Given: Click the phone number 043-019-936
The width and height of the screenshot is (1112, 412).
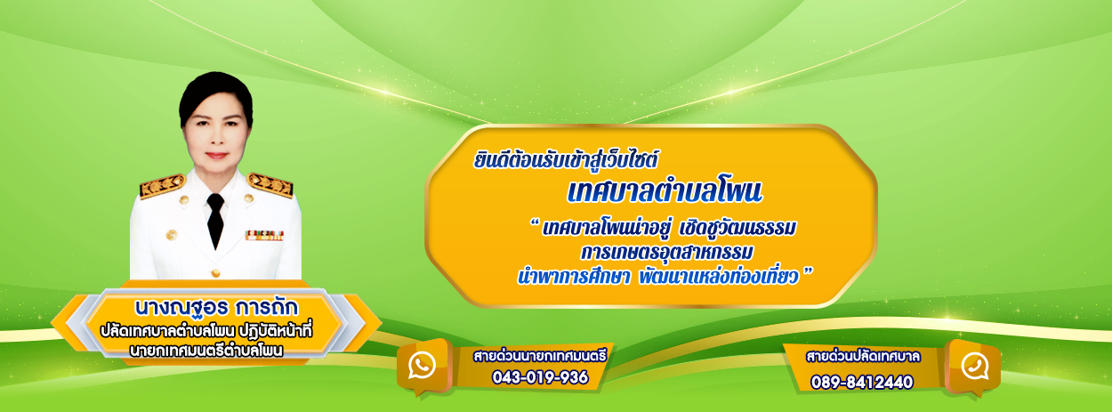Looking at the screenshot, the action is [x=540, y=377].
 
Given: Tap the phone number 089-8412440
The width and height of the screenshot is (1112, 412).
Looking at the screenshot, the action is [x=862, y=382].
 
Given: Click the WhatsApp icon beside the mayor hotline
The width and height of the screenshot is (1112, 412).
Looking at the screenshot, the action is [x=422, y=366].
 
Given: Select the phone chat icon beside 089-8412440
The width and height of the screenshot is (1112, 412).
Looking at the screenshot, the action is [x=974, y=367].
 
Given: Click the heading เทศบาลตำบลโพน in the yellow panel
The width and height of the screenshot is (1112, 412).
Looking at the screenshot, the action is [x=665, y=192].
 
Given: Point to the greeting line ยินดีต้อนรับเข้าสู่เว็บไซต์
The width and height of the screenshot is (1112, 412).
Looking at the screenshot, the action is [x=566, y=160].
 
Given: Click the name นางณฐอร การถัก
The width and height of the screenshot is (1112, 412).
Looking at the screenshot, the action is [x=216, y=307].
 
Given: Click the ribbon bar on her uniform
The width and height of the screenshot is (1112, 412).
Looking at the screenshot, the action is [x=264, y=235].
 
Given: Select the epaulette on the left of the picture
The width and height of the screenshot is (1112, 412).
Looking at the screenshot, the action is [x=162, y=186].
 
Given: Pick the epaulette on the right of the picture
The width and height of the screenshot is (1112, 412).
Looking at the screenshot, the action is [x=270, y=185].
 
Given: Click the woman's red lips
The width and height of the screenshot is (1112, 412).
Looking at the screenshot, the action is [x=216, y=156].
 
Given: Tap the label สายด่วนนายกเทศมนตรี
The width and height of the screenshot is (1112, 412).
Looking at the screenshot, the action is [x=540, y=356].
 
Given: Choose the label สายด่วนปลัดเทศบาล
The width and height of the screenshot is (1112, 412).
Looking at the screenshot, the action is [x=863, y=357].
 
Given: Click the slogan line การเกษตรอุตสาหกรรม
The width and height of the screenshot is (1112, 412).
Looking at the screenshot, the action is [x=666, y=252].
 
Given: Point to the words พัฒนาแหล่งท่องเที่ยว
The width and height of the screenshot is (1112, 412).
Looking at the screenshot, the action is [x=718, y=277].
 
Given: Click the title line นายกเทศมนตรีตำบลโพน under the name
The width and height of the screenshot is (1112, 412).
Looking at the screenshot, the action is [x=206, y=351].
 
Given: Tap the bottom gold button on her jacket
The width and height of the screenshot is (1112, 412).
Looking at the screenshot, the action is [x=215, y=272].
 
